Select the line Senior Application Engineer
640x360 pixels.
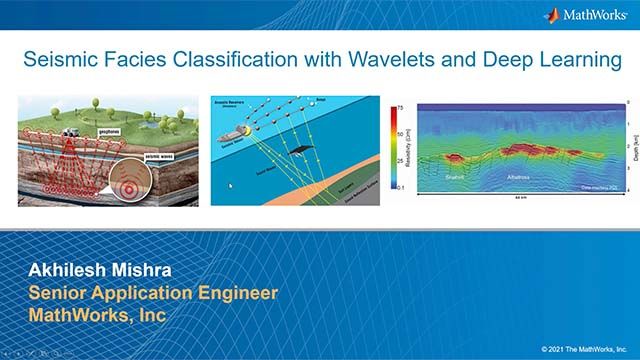pyautogui.click(x=152, y=293)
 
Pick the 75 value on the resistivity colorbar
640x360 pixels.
pyautogui.click(x=398, y=105)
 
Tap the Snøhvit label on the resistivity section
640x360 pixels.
pyautogui.click(x=460, y=175)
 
